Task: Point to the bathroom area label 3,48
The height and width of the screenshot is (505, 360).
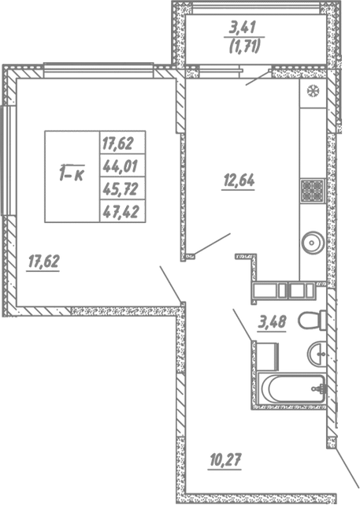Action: tap(272, 321)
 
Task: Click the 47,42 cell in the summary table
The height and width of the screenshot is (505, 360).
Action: tap(117, 210)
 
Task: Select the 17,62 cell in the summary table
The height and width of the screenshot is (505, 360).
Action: tap(117, 143)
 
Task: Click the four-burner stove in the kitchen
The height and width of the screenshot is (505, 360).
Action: tap(311, 190)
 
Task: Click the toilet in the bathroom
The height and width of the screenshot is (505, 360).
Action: tap(315, 320)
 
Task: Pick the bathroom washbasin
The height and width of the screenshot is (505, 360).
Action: tap(318, 354)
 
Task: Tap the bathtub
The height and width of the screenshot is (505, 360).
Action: tap(292, 388)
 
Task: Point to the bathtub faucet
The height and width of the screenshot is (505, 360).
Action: tap(318, 388)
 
